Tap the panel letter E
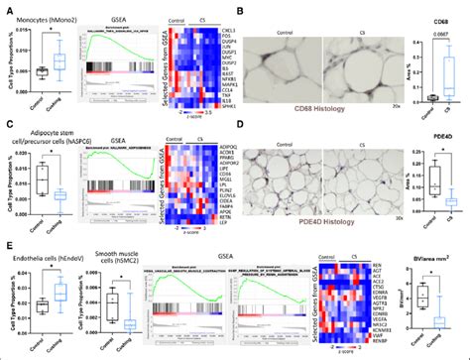[x=7, y=242]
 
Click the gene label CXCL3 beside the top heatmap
[x=242, y=32]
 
